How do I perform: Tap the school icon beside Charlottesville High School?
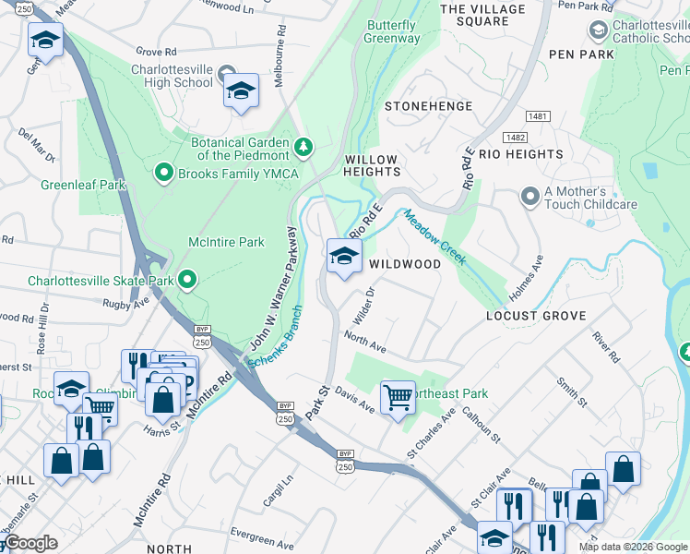pos(241,90)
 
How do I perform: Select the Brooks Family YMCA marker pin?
pos(165,172)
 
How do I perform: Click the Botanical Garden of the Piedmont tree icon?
pos(303,147)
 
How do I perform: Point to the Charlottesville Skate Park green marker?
pos(188,279)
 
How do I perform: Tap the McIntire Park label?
pos(226,243)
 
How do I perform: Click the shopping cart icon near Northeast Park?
pos(398,398)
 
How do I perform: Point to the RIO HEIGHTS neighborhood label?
pos(520,154)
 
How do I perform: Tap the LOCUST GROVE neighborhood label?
pos(536,316)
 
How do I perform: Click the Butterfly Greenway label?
pos(391,31)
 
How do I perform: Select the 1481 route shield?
pos(539,115)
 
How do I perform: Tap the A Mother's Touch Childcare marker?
pos(529,196)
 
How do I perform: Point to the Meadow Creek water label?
pos(434,236)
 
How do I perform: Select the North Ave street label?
pos(364,342)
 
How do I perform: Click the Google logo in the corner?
pos(31,544)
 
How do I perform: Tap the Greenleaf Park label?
pos(83,185)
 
